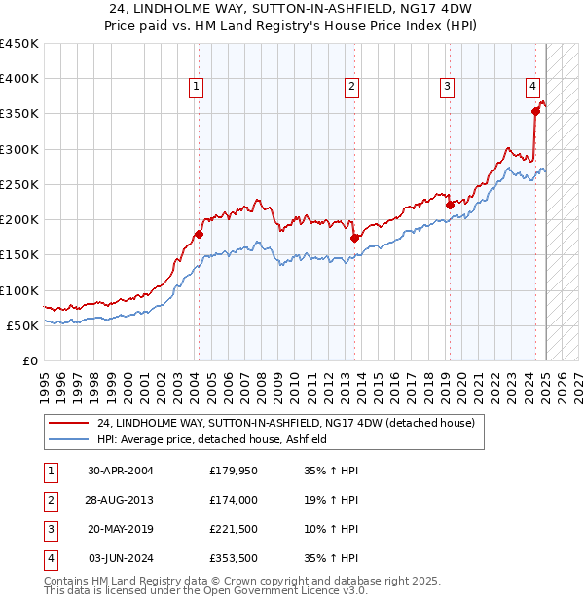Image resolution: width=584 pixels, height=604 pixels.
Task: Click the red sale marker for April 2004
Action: (x=199, y=234)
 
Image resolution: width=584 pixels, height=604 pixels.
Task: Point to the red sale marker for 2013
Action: (x=354, y=238)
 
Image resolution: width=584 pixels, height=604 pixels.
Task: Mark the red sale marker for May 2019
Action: (x=450, y=205)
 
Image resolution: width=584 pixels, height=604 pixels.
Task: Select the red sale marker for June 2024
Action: (x=535, y=112)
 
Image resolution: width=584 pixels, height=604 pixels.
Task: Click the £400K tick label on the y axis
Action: (x=18, y=79)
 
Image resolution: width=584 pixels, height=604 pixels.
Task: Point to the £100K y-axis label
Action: (x=18, y=290)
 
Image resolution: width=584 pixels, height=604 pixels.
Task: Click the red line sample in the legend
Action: (x=68, y=424)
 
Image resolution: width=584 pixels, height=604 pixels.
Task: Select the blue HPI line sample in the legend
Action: (x=68, y=440)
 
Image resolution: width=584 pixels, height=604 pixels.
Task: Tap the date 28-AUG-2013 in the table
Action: (x=120, y=500)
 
